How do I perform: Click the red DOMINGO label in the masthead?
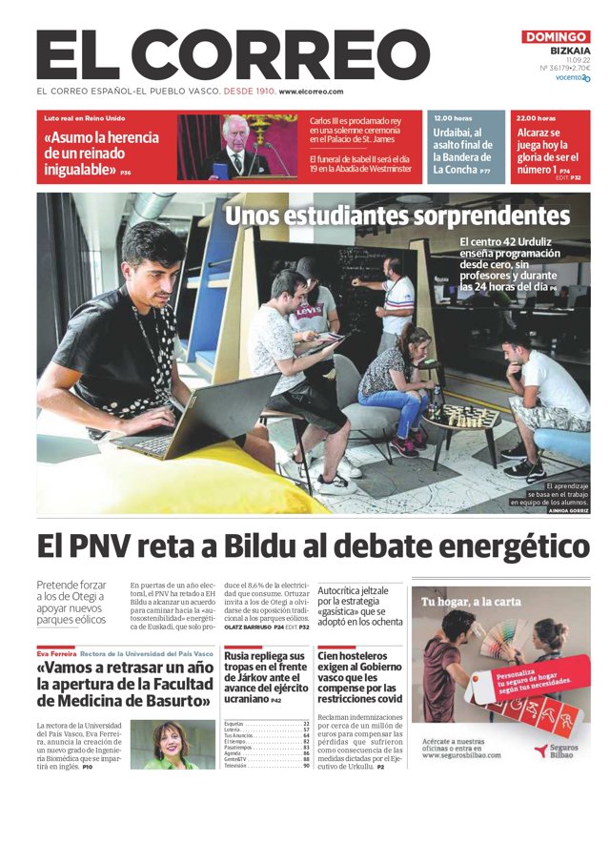(x=556, y=37)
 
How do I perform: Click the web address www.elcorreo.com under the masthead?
(x=311, y=92)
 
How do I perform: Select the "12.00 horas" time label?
(x=454, y=117)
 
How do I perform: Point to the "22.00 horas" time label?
(x=536, y=117)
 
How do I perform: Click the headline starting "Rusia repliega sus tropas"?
(x=265, y=676)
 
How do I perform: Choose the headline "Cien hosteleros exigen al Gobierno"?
(x=359, y=676)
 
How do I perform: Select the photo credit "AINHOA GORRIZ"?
(x=570, y=510)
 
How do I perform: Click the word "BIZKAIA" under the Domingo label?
(x=570, y=51)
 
